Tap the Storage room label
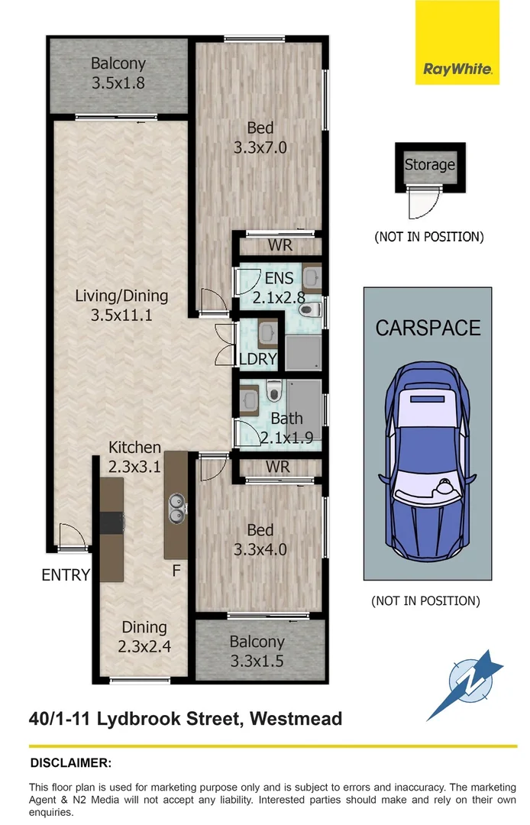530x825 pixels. pyautogui.click(x=429, y=164)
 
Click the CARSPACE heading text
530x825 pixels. pyautogui.click(x=428, y=328)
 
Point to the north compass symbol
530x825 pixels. pyautogui.click(x=468, y=681)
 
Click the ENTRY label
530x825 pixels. pyautogui.click(x=66, y=575)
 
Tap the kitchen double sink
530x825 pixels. pyautogui.click(x=176, y=507)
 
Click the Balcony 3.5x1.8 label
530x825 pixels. pyautogui.click(x=118, y=73)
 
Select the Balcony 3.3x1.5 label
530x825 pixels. pyautogui.click(x=257, y=651)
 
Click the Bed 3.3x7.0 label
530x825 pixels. pyautogui.click(x=260, y=137)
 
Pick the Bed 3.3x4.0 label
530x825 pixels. pyautogui.click(x=260, y=539)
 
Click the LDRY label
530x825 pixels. pyautogui.click(x=258, y=359)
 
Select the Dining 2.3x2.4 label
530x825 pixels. pyautogui.click(x=144, y=636)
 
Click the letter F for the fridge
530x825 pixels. pyautogui.click(x=176, y=570)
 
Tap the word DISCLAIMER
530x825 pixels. pyautogui.click(x=70, y=762)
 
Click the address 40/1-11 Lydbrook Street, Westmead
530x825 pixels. pyautogui.click(x=185, y=719)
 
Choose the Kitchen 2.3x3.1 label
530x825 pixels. pyautogui.click(x=134, y=455)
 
